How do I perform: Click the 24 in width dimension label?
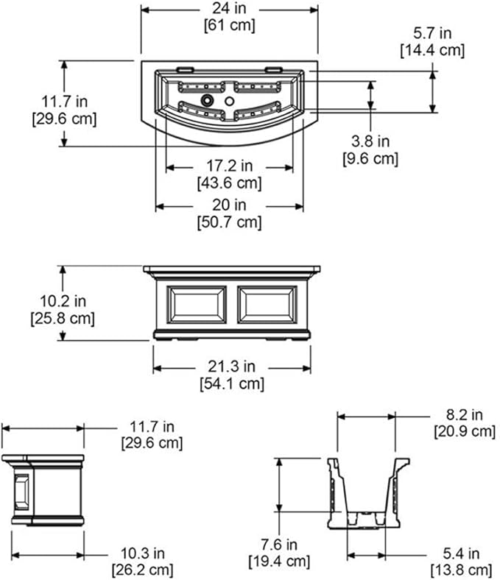230,9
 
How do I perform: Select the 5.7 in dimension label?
432,33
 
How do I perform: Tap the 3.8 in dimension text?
370,141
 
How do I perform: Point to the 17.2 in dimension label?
230,166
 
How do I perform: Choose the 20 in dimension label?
230,205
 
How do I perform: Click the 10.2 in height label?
63,301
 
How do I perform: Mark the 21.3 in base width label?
232,367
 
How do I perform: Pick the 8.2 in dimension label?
465,415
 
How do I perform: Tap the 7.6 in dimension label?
279,545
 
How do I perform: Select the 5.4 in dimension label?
461,554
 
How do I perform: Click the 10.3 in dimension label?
142,554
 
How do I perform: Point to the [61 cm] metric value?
230,26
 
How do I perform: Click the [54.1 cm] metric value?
232,383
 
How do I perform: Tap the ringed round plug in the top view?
207,100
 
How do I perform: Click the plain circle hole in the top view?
230,101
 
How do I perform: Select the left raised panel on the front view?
197,305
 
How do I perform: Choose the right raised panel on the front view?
267,305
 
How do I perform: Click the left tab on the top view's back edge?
185,68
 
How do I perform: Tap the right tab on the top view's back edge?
273,68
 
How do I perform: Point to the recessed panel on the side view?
21,492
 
